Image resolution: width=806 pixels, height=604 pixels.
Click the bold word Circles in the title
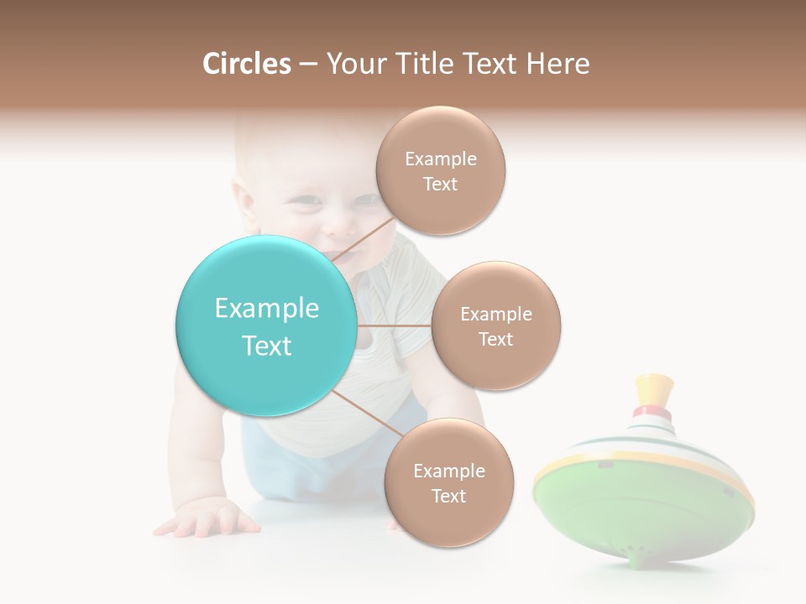(246, 64)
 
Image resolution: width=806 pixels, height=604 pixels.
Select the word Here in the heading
(557, 64)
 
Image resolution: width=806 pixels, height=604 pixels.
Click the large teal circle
(266, 325)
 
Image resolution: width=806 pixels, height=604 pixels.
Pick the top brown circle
(440, 170)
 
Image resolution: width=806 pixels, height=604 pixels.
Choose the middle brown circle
(495, 325)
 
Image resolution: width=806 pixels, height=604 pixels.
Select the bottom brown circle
(448, 482)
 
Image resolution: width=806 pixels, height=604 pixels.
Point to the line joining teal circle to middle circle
(394, 325)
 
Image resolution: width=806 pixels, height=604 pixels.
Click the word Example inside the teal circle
(266, 308)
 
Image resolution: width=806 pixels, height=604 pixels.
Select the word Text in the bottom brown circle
(448, 496)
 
